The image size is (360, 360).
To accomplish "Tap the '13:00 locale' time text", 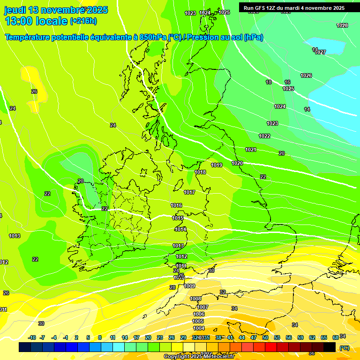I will tap(36, 21).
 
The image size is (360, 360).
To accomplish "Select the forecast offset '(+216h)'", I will tap(83, 21).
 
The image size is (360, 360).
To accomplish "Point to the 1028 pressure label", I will tap(342, 25).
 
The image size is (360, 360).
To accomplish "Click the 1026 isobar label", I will tap(306, 75).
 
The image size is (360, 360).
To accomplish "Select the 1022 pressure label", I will tap(264, 136).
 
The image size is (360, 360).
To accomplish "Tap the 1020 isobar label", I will tap(237, 163).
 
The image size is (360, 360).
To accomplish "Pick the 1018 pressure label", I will tap(200, 172).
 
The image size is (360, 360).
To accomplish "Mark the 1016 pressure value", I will tap(176, 205).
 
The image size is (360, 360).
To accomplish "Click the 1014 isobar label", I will tap(180, 229).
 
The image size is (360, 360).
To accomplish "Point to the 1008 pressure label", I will tap(195, 299).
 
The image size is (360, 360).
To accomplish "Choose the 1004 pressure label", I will tap(199, 328).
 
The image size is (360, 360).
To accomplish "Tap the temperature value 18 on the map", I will tap(269, 82).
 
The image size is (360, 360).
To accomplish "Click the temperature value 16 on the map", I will tap(287, 82).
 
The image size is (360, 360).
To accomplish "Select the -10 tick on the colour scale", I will tap(32, 337).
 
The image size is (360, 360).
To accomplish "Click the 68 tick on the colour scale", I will tap(336, 337).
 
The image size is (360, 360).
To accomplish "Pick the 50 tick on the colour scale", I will tap(265, 337).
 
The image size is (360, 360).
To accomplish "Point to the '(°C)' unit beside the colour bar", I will tap(344, 348).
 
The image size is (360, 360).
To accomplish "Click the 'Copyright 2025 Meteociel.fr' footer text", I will tap(199, 356).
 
